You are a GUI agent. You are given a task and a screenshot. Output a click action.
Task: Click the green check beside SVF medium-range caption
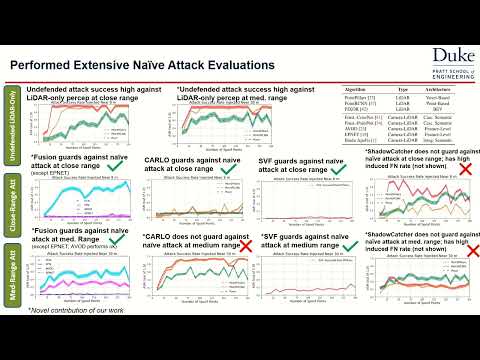pos(346,243)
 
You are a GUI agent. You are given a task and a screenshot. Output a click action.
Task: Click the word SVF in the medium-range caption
pos(272,237)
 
